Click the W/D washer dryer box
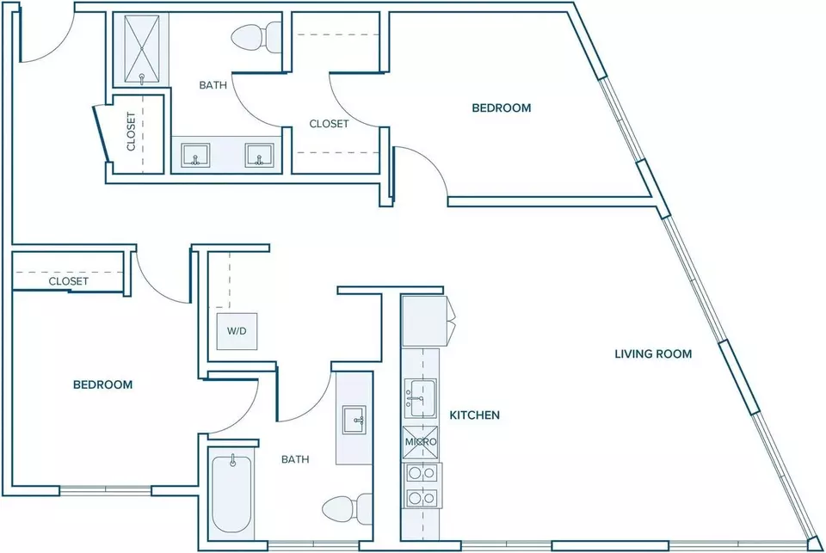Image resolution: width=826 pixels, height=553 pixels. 237,331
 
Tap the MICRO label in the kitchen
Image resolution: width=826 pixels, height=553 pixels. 421,442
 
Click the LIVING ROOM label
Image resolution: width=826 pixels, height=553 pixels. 653,354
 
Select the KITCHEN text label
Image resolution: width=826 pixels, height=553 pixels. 475,415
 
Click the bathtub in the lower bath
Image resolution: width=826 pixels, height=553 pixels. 231,494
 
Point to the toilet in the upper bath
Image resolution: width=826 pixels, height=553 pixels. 256,37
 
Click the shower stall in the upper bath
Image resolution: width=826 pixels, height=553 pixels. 142,49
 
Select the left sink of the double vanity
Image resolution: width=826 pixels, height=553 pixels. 195,156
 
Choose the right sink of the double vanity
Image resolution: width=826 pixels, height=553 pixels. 259,156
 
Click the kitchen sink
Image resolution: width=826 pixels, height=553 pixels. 421,398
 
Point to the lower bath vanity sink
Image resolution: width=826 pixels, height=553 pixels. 354,420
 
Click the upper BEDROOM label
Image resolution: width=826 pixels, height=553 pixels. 502,108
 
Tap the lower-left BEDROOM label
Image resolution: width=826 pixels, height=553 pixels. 102,385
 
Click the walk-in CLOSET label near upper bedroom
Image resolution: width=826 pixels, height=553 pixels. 329,124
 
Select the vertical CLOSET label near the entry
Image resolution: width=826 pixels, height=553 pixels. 131,131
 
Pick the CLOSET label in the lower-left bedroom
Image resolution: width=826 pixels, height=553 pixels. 69,281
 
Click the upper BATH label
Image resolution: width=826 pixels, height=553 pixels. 213,85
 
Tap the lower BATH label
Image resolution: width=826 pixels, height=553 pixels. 295,460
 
